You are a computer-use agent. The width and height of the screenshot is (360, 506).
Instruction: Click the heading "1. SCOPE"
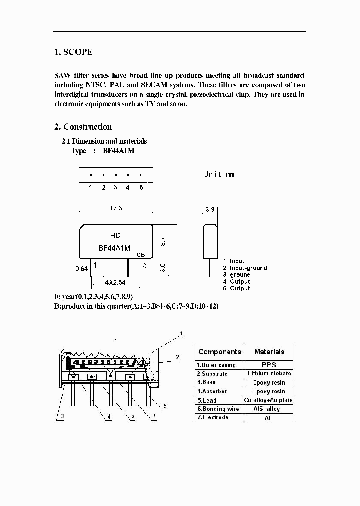(73, 52)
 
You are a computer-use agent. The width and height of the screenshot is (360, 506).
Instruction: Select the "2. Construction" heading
(83, 127)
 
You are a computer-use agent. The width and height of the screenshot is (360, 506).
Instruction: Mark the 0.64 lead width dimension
(81, 269)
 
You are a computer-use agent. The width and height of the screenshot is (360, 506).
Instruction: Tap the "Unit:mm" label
(219, 174)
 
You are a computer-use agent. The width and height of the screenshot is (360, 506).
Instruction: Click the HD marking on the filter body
(115, 235)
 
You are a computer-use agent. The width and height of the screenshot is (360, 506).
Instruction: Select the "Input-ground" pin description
(248, 268)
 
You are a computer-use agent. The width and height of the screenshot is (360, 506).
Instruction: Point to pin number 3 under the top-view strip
(115, 187)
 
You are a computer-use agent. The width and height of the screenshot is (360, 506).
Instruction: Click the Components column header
(219, 352)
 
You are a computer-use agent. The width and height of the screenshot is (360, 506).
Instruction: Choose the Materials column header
(269, 352)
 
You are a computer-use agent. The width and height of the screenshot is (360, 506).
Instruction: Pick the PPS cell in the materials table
(269, 365)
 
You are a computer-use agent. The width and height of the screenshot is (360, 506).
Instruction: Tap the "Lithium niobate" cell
(269, 374)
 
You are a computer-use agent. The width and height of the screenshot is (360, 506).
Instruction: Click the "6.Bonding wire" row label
(218, 409)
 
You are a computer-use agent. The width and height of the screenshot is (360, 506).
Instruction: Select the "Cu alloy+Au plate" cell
(269, 400)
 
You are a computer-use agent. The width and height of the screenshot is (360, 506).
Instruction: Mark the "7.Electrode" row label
(213, 417)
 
